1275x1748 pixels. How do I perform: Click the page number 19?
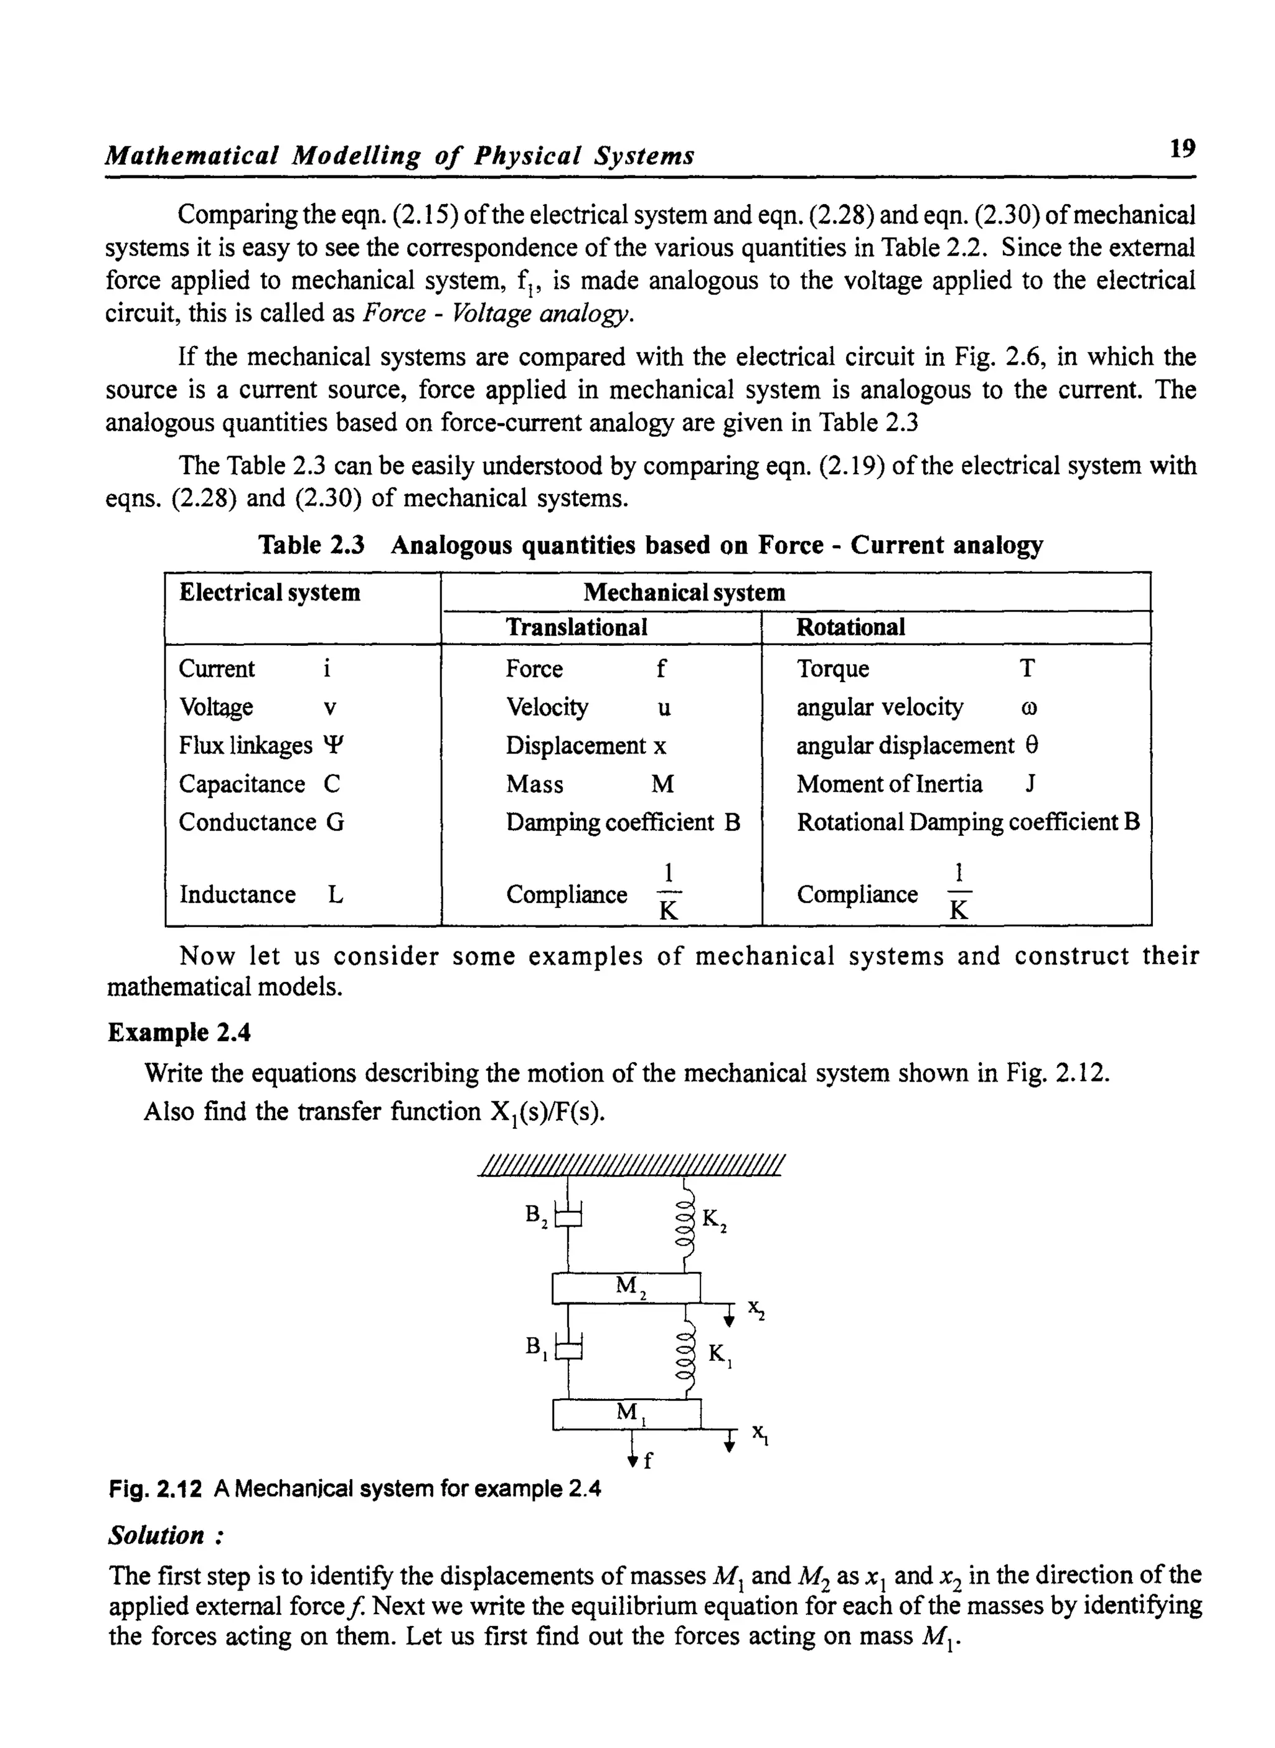coord(1182,147)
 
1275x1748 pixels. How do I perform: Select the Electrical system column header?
coord(270,592)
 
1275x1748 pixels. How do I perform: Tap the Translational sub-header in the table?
coord(576,627)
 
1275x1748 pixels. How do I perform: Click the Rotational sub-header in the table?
coord(850,627)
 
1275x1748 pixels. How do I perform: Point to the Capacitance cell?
coord(242,783)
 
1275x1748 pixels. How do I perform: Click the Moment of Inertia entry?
coord(889,783)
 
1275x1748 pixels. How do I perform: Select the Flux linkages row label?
coord(245,745)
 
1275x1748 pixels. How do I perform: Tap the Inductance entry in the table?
coord(237,894)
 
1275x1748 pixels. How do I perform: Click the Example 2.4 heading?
coord(179,1032)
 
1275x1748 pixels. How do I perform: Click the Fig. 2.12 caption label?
coord(155,1488)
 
